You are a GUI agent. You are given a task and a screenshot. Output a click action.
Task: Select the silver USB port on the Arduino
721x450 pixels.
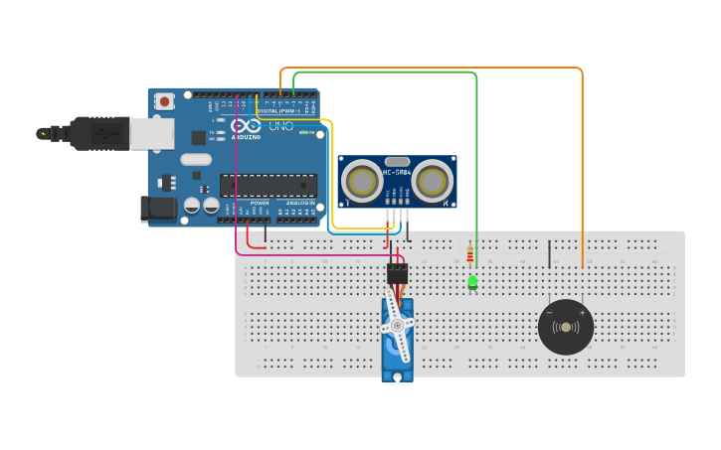[x=152, y=134]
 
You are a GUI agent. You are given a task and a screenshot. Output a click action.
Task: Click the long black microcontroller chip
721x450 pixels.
[x=269, y=186]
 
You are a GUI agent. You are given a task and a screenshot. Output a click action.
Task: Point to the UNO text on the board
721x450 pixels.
[x=282, y=126]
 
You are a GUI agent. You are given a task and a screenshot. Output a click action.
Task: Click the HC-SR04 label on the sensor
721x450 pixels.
[x=398, y=173]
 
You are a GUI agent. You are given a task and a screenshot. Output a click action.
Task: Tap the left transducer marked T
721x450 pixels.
[x=361, y=181]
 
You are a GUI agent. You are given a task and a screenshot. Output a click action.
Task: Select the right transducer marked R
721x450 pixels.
[x=435, y=181]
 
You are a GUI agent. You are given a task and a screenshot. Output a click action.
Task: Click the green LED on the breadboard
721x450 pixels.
[x=472, y=283]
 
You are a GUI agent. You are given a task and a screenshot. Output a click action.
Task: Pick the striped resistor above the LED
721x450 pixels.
[x=469, y=255]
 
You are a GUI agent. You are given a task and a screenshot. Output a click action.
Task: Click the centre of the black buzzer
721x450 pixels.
[x=566, y=327]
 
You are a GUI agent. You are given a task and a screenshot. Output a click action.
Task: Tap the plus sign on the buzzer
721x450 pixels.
[x=582, y=313]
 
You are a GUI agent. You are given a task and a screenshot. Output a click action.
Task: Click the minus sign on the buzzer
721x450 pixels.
[x=549, y=313]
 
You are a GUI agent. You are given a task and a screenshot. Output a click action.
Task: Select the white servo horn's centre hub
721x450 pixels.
[x=397, y=325]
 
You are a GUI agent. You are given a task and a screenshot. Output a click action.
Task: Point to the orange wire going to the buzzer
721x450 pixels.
[x=582, y=159]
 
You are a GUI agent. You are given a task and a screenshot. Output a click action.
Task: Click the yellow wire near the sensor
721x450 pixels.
[x=332, y=179]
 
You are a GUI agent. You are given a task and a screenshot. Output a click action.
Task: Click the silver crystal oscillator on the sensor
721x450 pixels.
[x=398, y=161]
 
